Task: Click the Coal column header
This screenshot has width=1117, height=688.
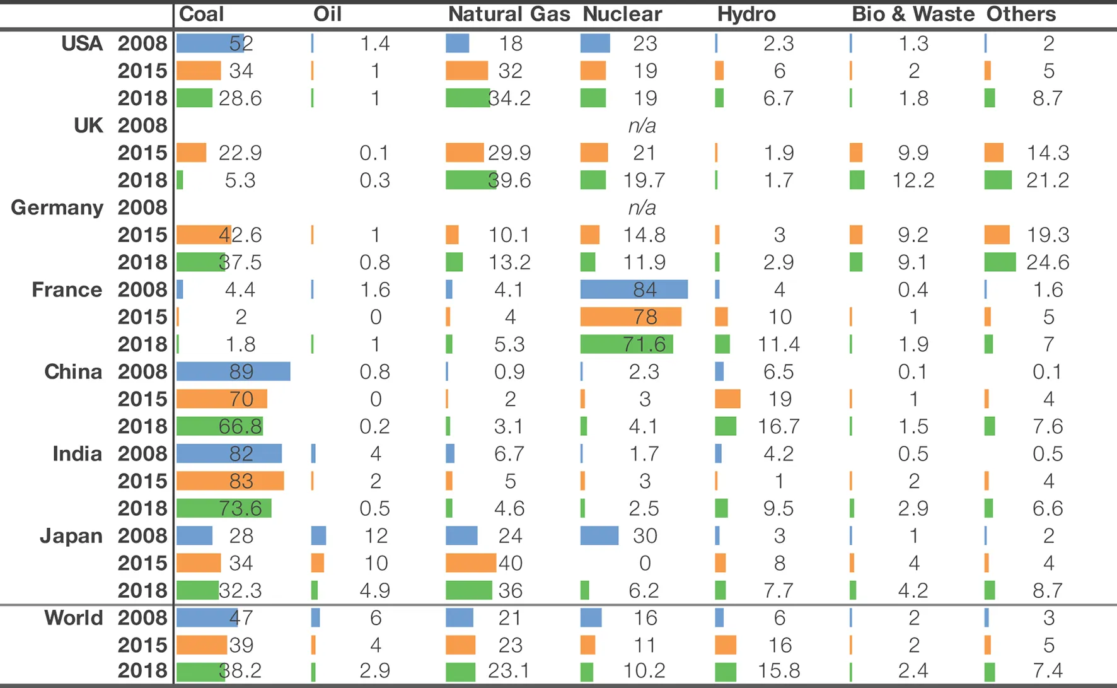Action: [x=201, y=14]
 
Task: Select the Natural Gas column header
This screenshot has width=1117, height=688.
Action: [x=509, y=14]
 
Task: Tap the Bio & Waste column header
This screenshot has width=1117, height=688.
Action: [x=913, y=14]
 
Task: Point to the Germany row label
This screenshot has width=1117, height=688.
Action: [x=57, y=207]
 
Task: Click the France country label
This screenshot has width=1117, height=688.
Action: [x=67, y=289]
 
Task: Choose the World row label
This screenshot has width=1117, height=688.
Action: [x=73, y=617]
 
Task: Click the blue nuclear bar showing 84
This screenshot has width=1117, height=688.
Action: [x=634, y=289]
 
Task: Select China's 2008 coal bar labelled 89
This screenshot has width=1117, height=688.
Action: [x=233, y=371]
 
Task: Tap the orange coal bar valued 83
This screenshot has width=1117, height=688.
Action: [x=230, y=481]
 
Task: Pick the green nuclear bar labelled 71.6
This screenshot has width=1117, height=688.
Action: [x=627, y=344]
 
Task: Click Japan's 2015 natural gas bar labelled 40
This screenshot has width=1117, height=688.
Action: [x=471, y=563]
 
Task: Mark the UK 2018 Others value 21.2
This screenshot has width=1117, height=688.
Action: [x=1048, y=180]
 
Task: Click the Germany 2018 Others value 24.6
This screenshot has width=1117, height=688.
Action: [x=1048, y=262]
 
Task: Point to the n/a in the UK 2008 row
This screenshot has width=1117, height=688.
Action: [x=642, y=125]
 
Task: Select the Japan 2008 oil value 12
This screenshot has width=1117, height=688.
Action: [x=376, y=536]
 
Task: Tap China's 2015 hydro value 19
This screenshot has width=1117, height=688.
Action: [x=779, y=399]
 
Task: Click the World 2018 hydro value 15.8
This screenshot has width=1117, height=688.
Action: [x=778, y=670]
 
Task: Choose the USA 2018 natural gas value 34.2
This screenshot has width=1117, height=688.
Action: [x=509, y=98]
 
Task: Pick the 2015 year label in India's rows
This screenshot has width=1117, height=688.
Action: [x=142, y=481]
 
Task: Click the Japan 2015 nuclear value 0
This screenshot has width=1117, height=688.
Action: [x=645, y=563]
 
